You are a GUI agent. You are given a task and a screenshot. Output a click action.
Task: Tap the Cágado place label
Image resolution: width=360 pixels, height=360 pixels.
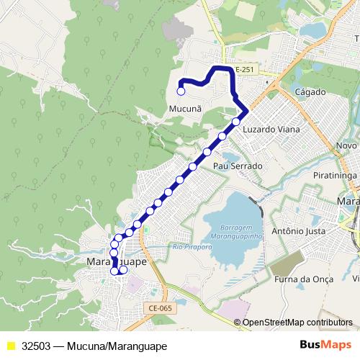[310, 92]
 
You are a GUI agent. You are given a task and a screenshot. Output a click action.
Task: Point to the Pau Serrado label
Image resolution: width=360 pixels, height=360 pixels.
[237, 166]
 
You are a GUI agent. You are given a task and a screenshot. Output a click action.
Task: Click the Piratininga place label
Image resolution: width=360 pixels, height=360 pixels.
[335, 175]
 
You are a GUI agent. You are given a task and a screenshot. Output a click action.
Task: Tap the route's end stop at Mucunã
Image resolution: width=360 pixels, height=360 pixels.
[181, 91]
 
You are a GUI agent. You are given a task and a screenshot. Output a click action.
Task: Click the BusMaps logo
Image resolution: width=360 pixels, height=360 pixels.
[324, 345]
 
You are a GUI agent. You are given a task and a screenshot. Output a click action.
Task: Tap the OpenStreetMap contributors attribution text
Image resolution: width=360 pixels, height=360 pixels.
[297, 323]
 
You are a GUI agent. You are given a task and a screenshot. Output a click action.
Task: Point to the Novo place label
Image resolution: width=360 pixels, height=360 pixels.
[347, 145]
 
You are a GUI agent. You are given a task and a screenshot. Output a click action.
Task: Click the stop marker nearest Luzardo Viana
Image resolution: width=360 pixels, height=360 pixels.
[236, 122]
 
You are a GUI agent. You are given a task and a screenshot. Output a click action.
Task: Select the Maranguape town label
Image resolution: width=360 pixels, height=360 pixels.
[115, 262]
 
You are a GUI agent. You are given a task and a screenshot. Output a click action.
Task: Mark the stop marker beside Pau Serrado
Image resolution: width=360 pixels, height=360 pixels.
[207, 152]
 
